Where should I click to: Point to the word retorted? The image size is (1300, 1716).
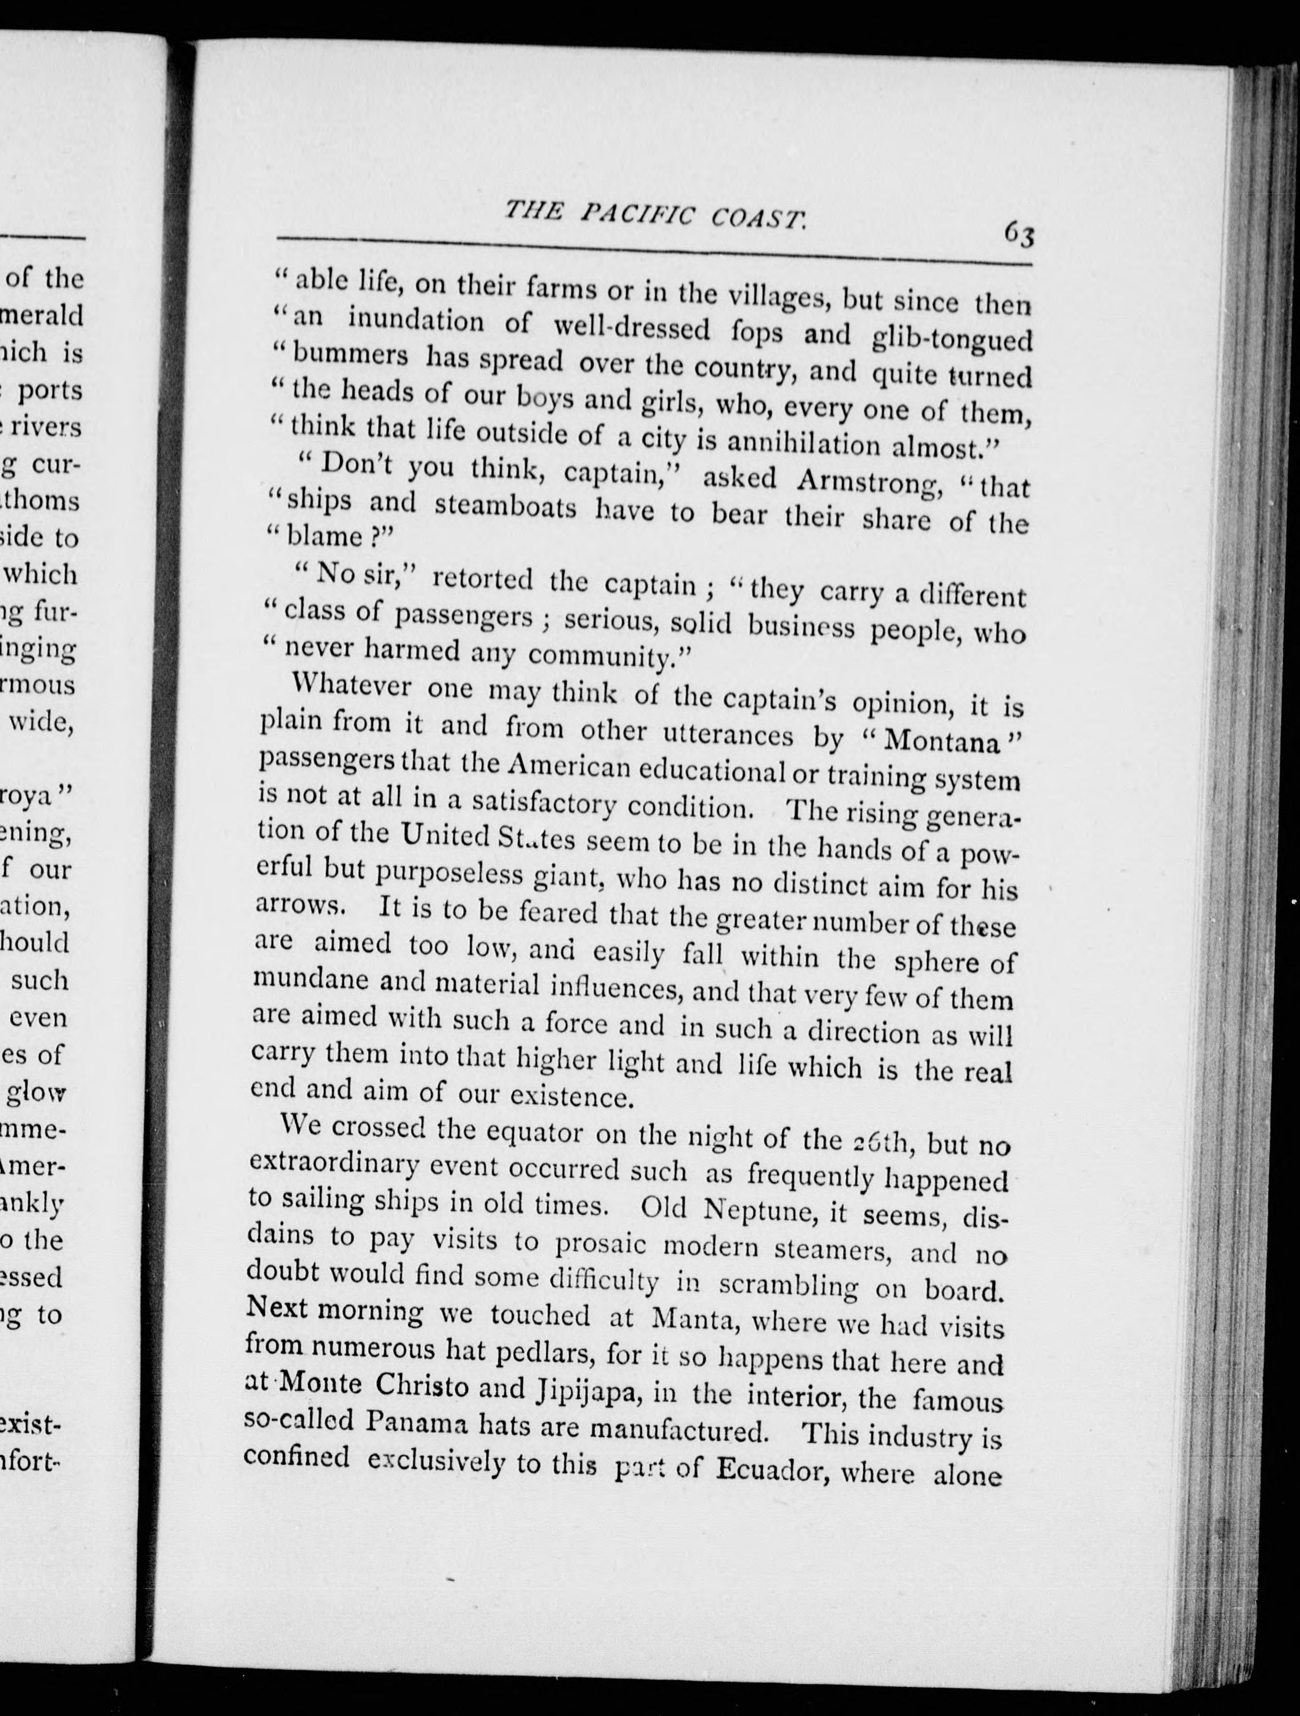tap(482, 578)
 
